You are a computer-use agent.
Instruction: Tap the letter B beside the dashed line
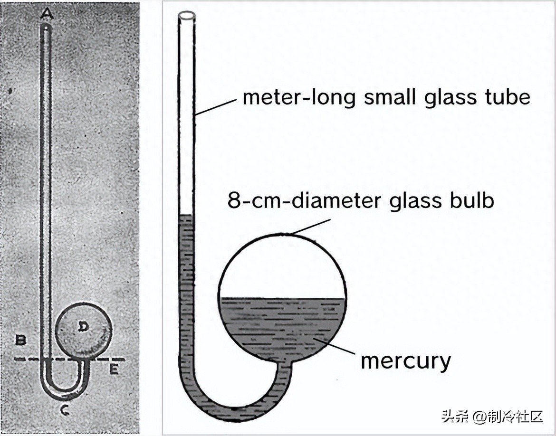coord(20,340)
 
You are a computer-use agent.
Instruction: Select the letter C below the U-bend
coord(65,410)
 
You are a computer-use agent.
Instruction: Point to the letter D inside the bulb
coord(83,326)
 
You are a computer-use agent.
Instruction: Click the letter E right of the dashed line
coord(114,370)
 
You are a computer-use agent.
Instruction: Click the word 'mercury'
coord(405,361)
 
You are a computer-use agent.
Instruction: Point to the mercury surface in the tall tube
coord(186,216)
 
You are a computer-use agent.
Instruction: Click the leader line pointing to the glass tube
coord(216,107)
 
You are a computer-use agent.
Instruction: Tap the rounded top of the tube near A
coord(45,28)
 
